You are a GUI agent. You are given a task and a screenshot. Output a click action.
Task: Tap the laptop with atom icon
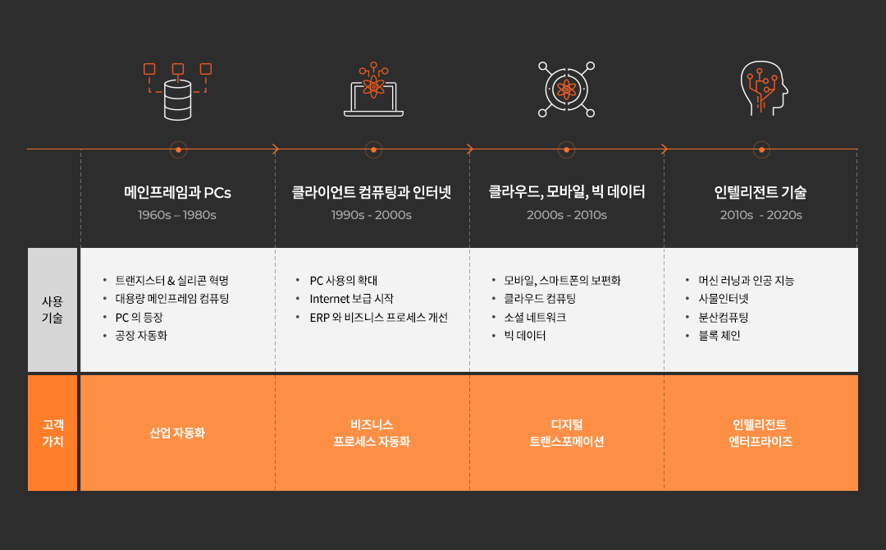(373, 89)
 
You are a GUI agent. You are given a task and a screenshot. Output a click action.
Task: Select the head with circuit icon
(764, 88)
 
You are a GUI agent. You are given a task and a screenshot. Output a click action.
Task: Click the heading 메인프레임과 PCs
(177, 193)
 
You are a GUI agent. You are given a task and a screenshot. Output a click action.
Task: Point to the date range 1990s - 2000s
(372, 215)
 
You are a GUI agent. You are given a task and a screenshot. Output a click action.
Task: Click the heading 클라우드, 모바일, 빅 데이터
(566, 192)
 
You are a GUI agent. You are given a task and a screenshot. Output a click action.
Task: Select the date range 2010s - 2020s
(761, 215)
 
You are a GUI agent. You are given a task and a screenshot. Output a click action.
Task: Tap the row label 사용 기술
(52, 309)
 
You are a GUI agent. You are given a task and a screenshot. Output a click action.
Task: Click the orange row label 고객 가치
(53, 433)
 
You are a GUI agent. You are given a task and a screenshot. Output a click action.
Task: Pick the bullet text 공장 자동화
(141, 336)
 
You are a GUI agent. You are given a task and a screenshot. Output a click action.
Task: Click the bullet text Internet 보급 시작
(351, 299)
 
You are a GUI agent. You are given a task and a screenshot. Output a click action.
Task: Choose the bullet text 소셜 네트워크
(535, 317)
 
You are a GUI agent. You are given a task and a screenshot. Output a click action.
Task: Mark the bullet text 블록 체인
(719, 336)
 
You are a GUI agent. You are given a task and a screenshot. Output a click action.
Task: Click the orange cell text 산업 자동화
(177, 433)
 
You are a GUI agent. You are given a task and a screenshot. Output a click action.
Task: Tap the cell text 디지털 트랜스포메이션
(567, 433)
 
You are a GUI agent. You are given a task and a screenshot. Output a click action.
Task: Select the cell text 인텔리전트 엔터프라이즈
(760, 433)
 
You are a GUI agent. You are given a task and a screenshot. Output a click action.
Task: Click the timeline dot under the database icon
(178, 149)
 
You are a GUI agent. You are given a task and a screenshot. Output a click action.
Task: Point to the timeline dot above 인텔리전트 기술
(761, 149)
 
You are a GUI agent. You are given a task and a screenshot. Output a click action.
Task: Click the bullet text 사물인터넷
(724, 299)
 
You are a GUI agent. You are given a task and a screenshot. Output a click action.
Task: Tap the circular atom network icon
(566, 89)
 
